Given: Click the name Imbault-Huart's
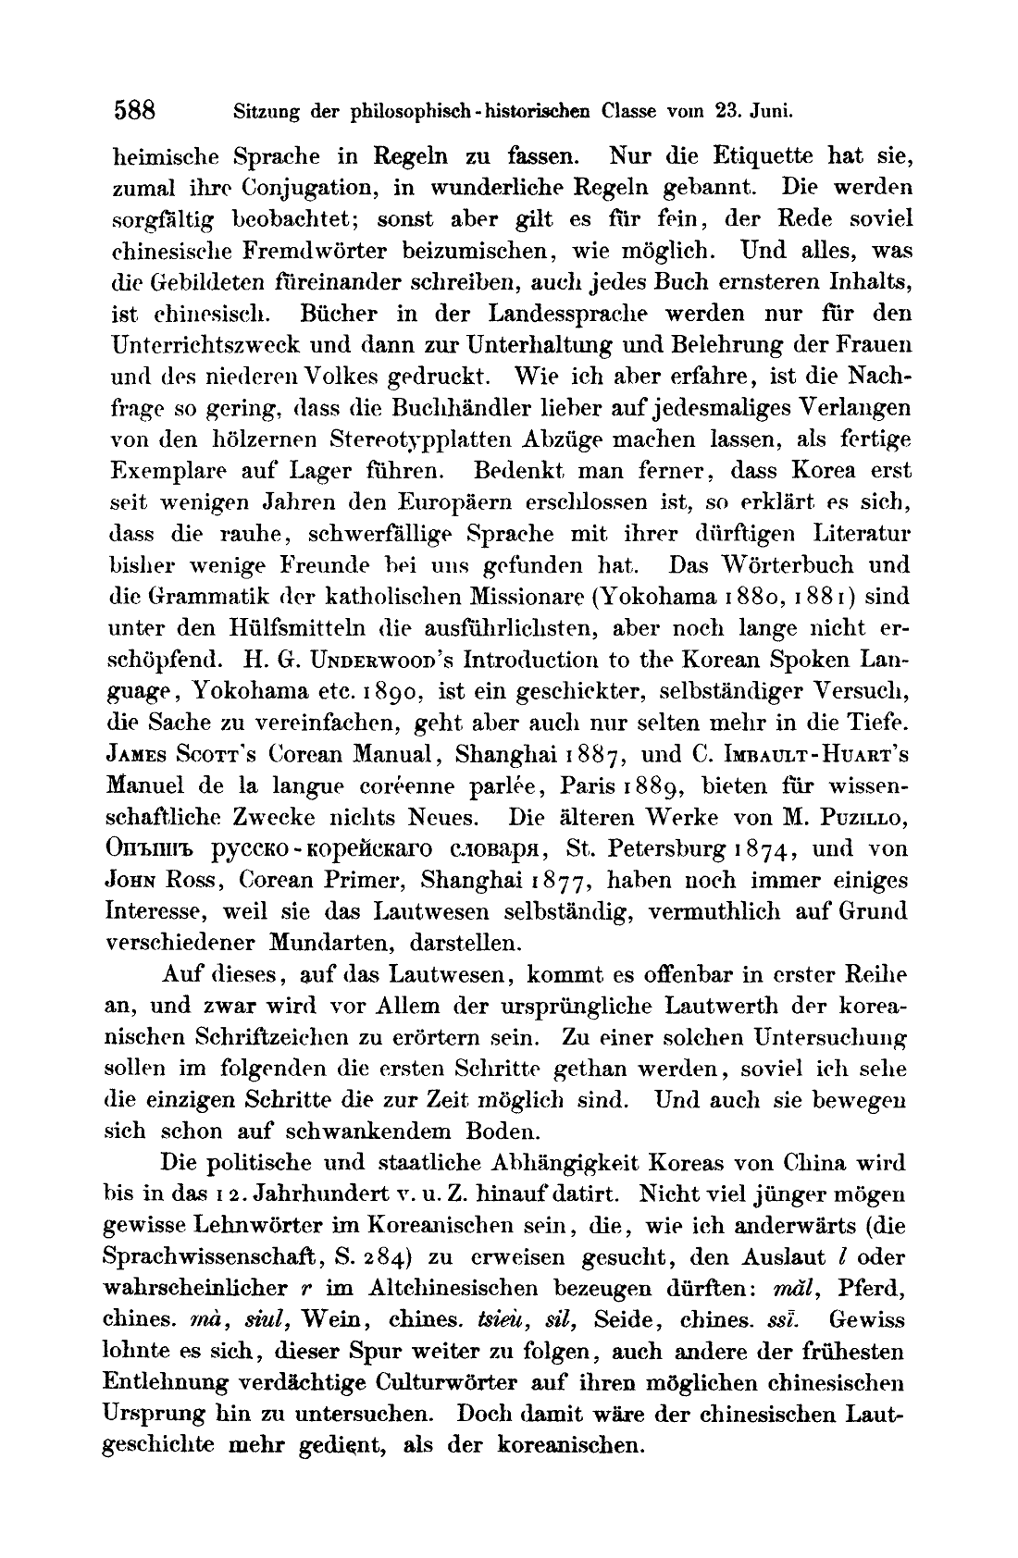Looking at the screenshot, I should click(815, 754).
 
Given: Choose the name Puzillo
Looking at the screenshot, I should click(865, 818).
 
